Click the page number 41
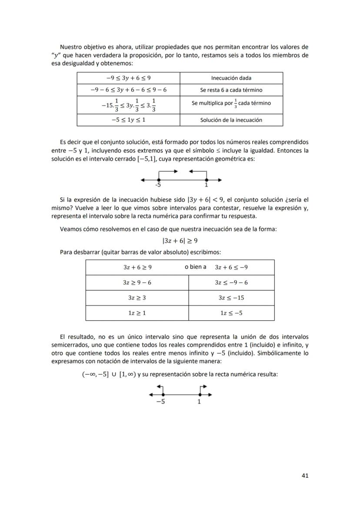[305, 476]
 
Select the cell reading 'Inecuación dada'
[231, 78]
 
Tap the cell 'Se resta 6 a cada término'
[231, 90]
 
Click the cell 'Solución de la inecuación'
[231, 120]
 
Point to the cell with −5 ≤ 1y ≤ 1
[128, 120]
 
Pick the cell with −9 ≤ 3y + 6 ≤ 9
[128, 78]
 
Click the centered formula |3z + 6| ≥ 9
[180, 241]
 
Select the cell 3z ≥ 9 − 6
[137, 283]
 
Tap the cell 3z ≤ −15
[231, 298]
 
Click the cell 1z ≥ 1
[137, 313]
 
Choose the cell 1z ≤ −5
[231, 313]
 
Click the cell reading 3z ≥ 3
[137, 298]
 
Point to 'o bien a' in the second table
[195, 267]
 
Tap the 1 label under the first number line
[207, 185]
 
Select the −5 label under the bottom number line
[160, 402]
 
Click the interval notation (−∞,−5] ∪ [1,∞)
[109, 374]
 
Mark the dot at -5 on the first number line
[159, 180]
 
